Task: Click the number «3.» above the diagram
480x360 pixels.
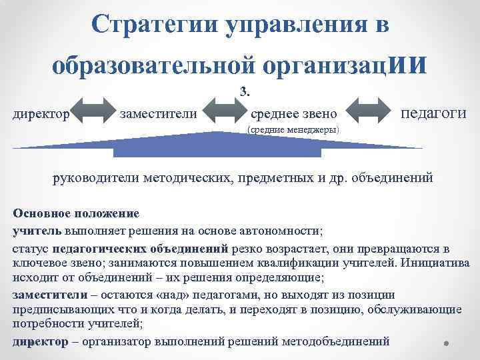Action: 243,91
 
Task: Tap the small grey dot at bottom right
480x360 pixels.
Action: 445,344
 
